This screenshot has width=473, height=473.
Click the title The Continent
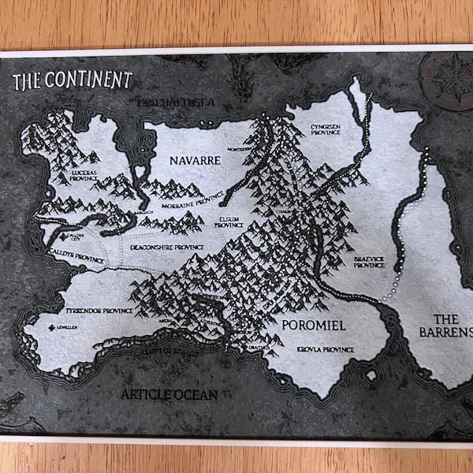coord(73,79)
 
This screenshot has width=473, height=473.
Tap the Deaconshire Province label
coord(167,248)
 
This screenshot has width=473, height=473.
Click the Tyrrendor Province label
coord(99,311)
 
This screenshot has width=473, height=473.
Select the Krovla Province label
coord(325,348)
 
